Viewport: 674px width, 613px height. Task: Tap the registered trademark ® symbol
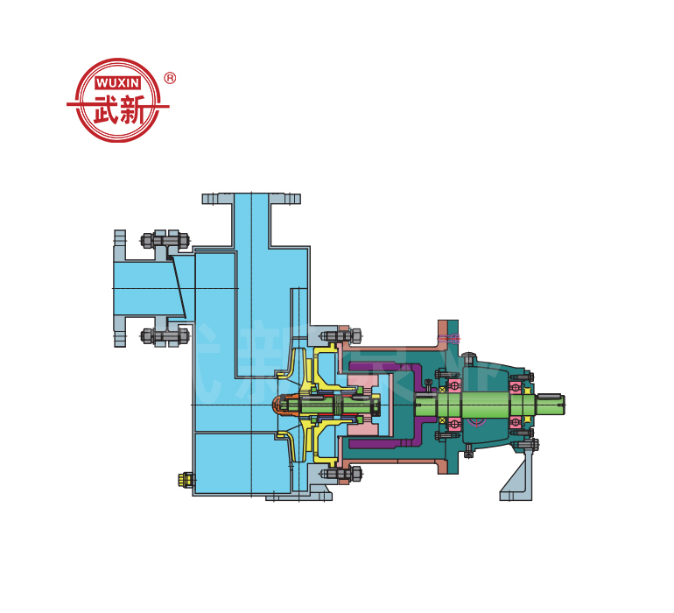coord(170,78)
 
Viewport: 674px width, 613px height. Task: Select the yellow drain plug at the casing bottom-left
coord(186,480)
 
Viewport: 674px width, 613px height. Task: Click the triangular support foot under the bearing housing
coord(516,477)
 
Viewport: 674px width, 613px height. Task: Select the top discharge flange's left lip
coord(218,199)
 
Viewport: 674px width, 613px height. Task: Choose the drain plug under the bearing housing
coord(469,450)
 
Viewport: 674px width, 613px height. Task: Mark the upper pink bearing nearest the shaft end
coord(517,385)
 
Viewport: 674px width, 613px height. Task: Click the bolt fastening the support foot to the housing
coord(523,446)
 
